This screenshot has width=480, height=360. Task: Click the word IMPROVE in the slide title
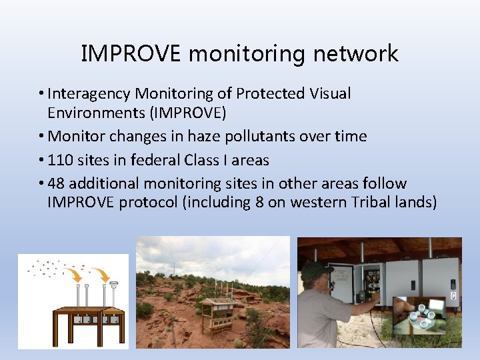(131, 53)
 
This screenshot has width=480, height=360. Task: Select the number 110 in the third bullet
(61, 160)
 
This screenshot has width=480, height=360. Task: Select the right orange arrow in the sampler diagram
(101, 274)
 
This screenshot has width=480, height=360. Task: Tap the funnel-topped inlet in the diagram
(114, 286)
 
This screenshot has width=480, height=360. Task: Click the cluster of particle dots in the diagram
(47, 268)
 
